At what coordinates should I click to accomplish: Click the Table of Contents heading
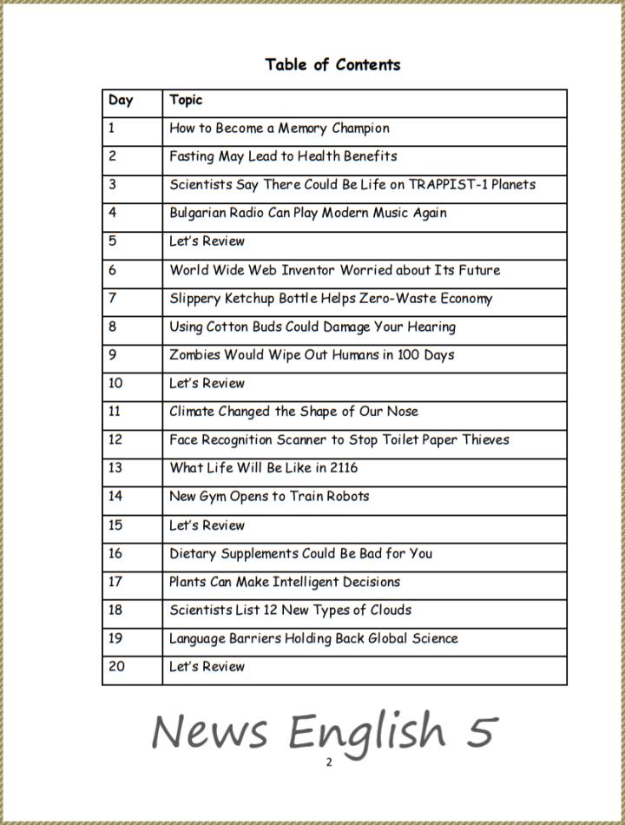tap(332, 64)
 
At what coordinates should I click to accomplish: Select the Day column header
tap(121, 100)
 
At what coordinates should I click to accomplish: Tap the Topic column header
tap(186, 100)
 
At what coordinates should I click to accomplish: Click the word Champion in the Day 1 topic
tap(360, 129)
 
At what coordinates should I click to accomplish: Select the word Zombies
tap(194, 355)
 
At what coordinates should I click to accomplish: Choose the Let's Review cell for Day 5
tap(207, 241)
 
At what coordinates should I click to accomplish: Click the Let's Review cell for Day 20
tap(207, 667)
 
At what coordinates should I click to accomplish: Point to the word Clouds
tap(391, 610)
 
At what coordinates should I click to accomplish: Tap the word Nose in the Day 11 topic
tap(402, 412)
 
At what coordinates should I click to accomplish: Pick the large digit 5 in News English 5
tap(479, 731)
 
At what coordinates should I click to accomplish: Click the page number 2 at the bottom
tap(329, 762)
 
